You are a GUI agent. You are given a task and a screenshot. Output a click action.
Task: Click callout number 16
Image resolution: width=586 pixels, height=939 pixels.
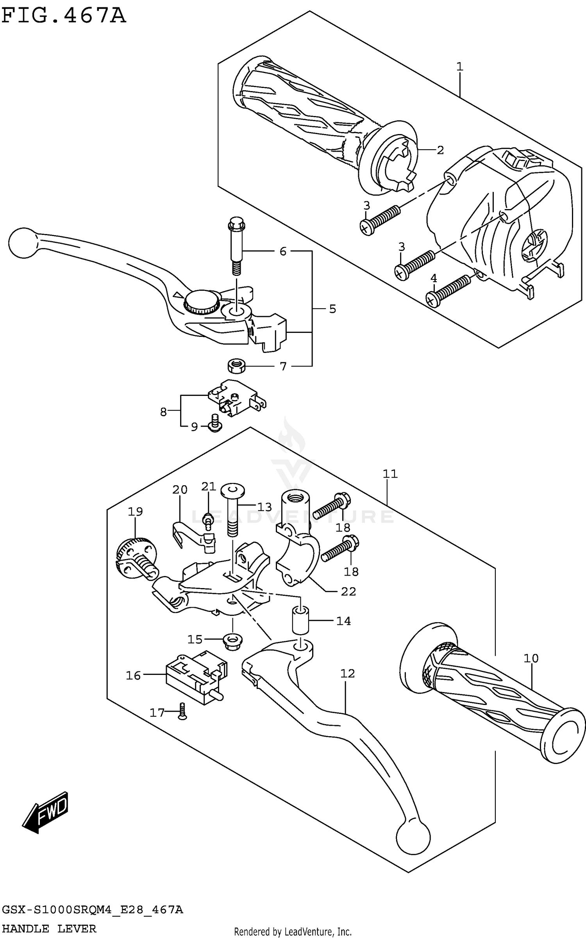[x=133, y=675]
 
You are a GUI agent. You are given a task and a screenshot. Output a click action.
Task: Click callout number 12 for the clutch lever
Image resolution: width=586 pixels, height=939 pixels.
[x=347, y=673]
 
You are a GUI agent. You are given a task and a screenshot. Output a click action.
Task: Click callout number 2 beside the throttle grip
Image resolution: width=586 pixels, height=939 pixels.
[x=440, y=150]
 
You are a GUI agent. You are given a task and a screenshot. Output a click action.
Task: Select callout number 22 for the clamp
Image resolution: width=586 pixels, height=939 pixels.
[x=348, y=592]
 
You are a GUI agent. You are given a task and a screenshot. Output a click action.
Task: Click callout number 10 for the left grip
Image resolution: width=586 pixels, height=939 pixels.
[x=531, y=658]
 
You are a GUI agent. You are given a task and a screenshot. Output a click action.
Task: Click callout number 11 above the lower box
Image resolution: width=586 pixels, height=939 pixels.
[x=390, y=474]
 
